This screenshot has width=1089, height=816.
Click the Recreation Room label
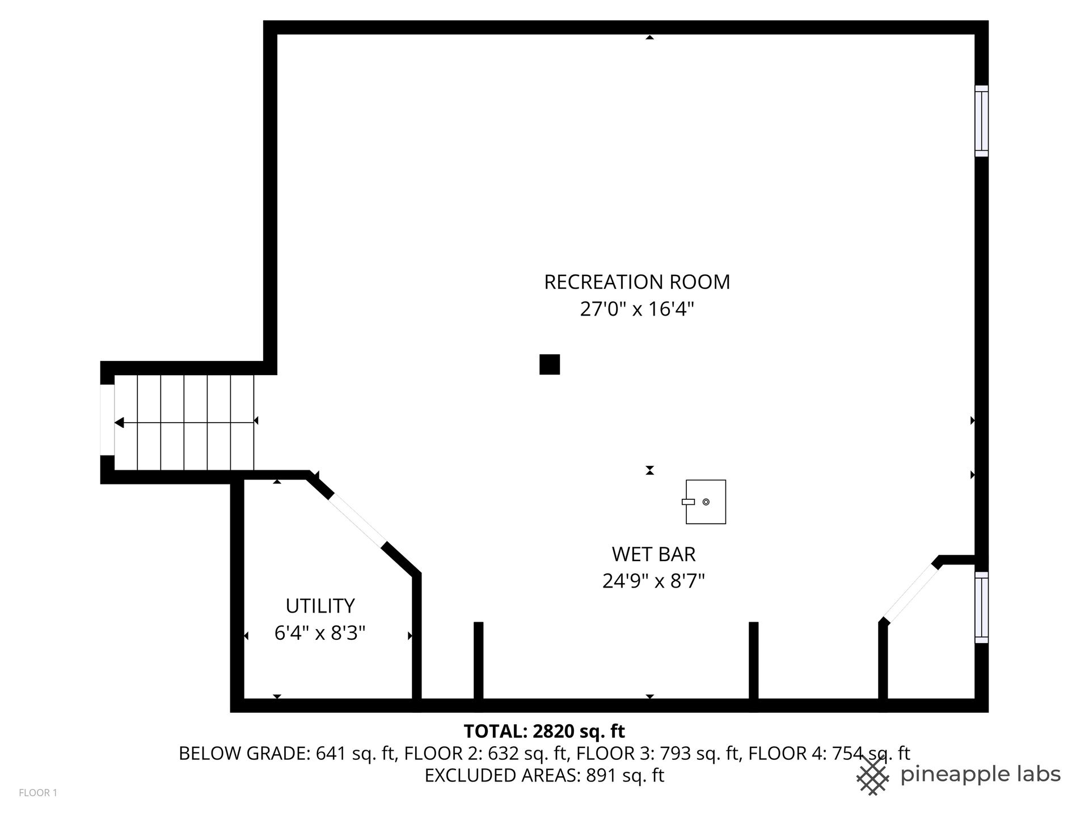tap(637, 282)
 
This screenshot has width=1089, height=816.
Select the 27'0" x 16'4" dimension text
tap(637, 309)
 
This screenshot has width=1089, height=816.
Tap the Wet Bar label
tap(653, 554)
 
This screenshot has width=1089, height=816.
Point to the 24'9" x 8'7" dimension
tap(653, 581)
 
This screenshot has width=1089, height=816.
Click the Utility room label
tap(320, 606)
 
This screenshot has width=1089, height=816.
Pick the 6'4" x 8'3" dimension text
tap(320, 633)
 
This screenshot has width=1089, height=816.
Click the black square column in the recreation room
tap(550, 364)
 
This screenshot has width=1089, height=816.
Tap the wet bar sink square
tap(706, 502)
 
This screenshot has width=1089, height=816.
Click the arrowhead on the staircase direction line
tap(119, 423)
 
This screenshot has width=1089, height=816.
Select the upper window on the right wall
tap(981, 121)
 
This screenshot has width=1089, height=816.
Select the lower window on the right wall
tap(981, 607)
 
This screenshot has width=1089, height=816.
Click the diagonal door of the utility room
tap(357, 521)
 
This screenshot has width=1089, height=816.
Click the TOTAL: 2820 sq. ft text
tap(544, 732)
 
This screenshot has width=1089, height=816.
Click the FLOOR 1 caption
tap(38, 793)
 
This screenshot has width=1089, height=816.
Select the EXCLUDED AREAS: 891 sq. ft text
tap(544, 775)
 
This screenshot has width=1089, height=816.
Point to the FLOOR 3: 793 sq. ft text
tap(659, 754)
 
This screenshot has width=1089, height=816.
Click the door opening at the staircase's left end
tap(107, 420)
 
